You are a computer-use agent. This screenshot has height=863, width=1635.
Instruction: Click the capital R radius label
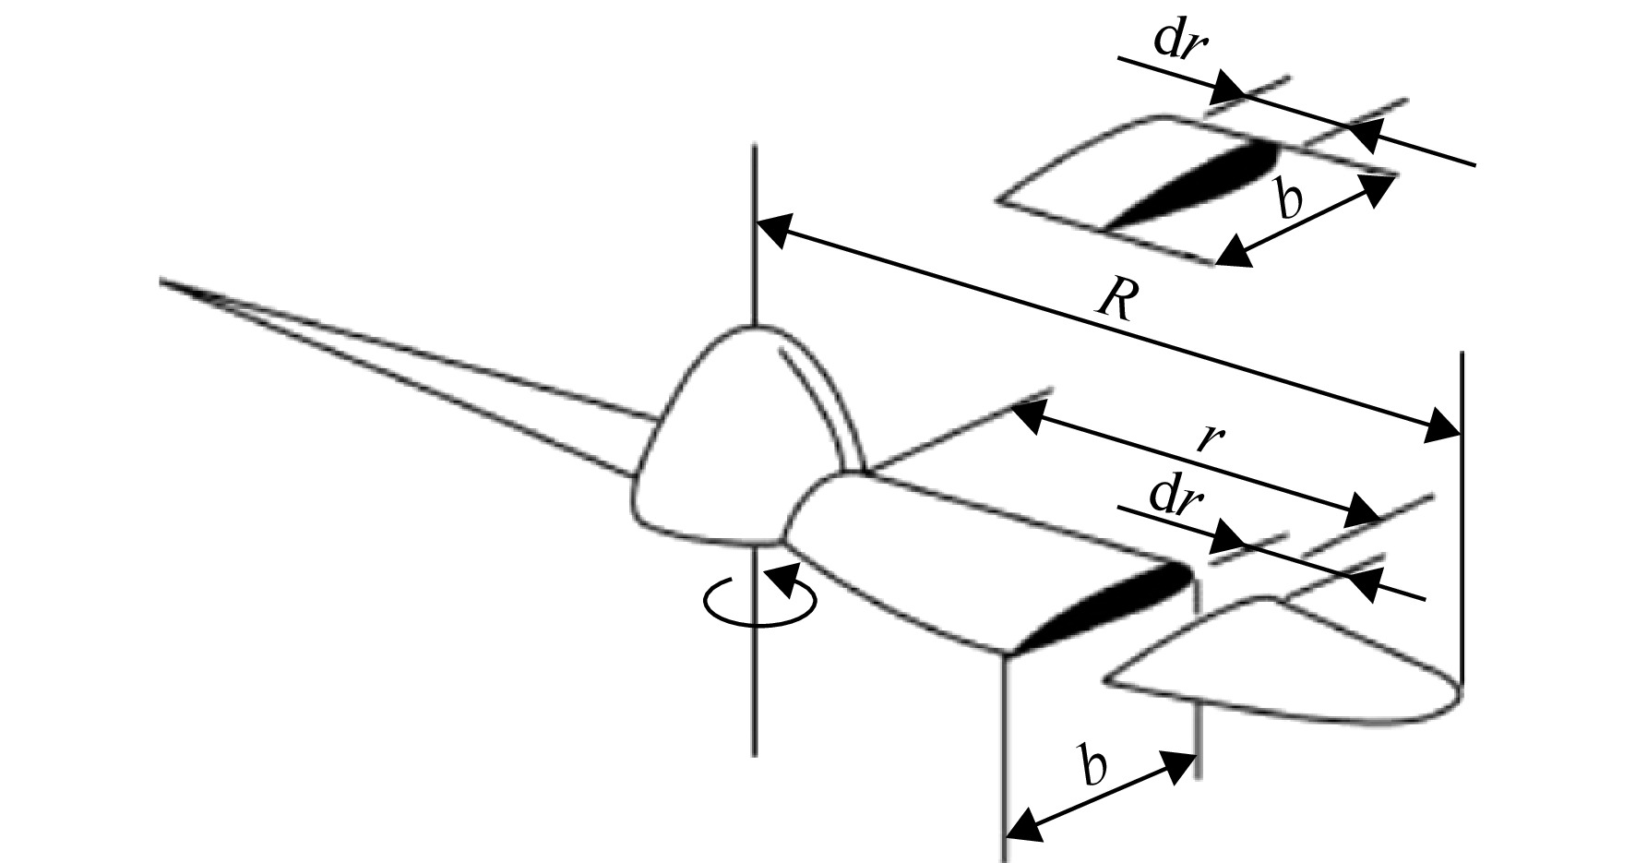1114,299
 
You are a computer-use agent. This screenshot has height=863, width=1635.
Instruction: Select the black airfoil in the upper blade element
1190,184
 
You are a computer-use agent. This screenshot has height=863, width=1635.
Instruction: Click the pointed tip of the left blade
162,280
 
